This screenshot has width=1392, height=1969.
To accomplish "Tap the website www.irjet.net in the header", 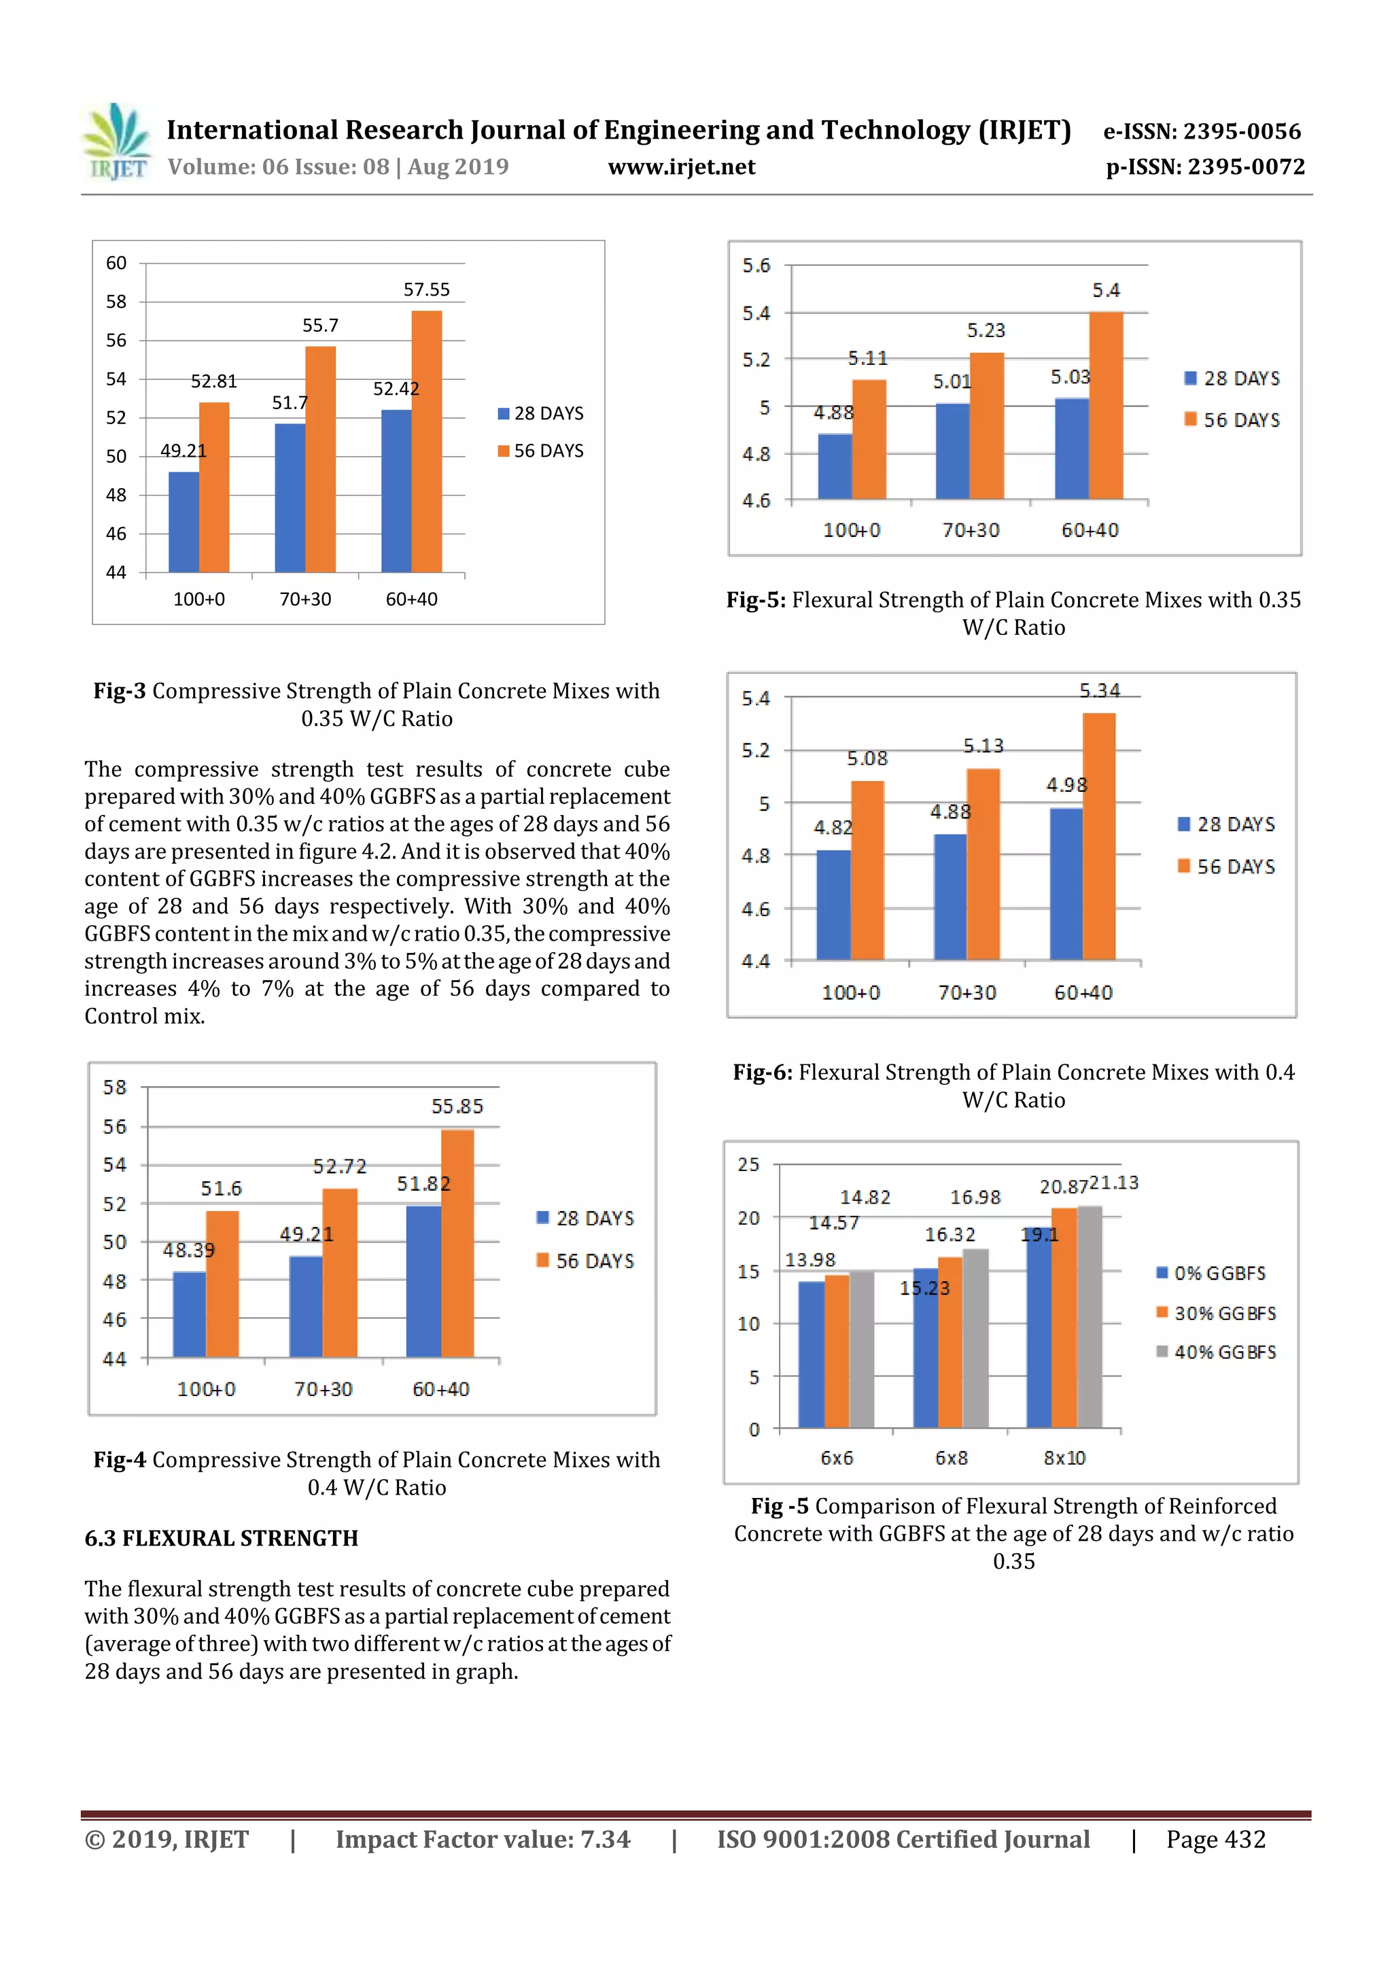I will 681,167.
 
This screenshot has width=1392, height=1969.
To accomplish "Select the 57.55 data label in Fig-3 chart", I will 426,290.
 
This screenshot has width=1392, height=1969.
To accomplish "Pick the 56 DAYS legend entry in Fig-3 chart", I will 540,451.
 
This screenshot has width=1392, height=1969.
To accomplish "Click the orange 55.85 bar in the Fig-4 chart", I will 457,1244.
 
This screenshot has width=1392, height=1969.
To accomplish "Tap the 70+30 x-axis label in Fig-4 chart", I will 324,1389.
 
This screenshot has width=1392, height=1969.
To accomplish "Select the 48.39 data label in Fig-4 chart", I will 189,1251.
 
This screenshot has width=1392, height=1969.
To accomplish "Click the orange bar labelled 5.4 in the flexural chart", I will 1106,405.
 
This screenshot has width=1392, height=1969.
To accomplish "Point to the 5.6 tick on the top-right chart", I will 756,266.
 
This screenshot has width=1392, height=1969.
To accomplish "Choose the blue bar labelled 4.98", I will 1066,884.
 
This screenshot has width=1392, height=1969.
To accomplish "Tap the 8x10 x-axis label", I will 1064,1458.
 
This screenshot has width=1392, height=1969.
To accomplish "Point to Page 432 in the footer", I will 1215,1839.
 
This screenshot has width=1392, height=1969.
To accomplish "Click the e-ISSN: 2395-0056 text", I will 1202,131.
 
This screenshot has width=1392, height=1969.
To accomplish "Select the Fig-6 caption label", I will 762,1073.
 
